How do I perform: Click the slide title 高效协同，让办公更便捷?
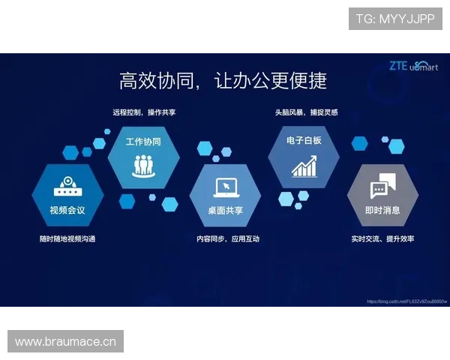coord(223,80)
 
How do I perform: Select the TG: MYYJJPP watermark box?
coord(395,18)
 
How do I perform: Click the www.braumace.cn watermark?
coord(66,342)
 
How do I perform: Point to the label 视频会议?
coord(67,210)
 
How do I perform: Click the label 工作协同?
coord(143,141)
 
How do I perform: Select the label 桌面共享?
coord(225,210)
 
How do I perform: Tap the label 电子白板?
coord(304,140)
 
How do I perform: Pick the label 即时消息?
coord(382,210)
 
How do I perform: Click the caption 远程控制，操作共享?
coord(144,112)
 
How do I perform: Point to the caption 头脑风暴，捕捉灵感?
coord(306,112)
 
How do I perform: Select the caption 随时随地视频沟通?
coord(67,239)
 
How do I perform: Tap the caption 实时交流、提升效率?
coord(382,239)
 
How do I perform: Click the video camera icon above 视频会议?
coord(67,187)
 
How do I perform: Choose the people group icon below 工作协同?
coord(143,164)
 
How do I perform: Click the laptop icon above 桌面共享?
coord(225,187)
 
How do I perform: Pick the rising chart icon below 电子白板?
coord(304,166)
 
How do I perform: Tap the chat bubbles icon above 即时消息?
coord(382,185)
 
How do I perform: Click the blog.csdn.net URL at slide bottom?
coord(406,301)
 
